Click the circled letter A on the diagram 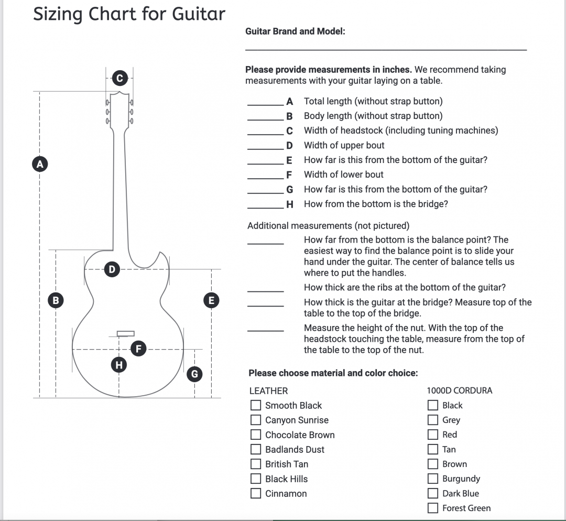coord(39,164)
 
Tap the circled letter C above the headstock coord(119,79)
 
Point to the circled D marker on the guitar coord(111,269)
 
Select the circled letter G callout coord(194,374)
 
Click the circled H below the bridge coord(119,364)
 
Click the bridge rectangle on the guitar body coord(125,333)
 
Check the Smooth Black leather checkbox coord(256,405)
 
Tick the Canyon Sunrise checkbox coord(256,420)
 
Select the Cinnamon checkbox coord(256,493)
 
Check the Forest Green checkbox coord(433,508)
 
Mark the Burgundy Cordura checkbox coord(433,479)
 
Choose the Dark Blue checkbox coord(433,493)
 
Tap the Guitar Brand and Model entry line coord(386,49)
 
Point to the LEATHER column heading coord(268,390)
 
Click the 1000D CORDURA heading coord(460,390)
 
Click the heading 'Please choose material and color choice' coord(333,373)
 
